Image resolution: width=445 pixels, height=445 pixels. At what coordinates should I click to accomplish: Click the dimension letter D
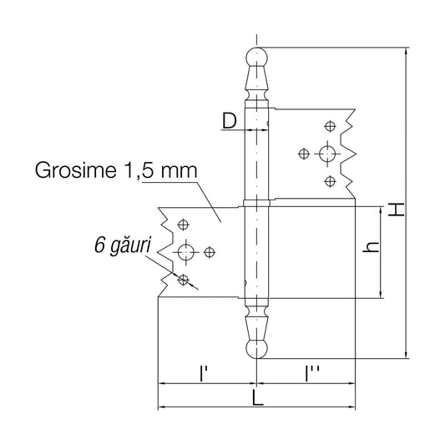[x=230, y=121]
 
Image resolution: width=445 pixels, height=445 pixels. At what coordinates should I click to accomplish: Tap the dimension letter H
[x=396, y=210]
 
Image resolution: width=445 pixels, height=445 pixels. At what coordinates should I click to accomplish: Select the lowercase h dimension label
[x=371, y=247]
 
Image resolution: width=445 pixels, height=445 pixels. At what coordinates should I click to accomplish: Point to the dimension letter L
[x=258, y=397]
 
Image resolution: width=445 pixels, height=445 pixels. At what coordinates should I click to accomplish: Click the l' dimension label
[x=202, y=373]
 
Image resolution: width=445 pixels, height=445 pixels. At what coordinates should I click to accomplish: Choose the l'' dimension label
[x=311, y=373]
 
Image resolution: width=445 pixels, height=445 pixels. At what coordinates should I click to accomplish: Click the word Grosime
[x=75, y=170]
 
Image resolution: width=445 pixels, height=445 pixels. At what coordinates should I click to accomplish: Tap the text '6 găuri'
[x=123, y=245]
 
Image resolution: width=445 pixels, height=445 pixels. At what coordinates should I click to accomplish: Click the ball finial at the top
[x=256, y=58]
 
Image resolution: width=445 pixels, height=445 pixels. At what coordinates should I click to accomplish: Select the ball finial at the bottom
[x=256, y=348]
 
